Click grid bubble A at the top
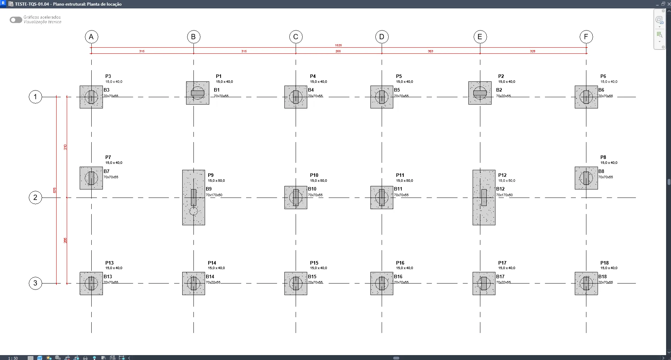tap(91, 37)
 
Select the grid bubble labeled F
tap(586, 37)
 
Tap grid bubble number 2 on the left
tap(35, 198)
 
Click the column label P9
tap(211, 175)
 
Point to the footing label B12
tap(500, 189)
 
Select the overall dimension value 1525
tap(338, 45)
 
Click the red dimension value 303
tap(430, 51)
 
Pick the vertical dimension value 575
tap(55, 190)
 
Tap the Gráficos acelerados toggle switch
tap(16, 20)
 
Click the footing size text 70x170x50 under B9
tap(214, 195)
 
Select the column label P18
tap(604, 263)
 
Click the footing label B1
tap(217, 90)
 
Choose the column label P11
tap(400, 175)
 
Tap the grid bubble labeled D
tap(382, 37)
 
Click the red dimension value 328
tap(532, 51)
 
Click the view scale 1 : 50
tap(13, 358)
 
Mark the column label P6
tap(603, 76)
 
